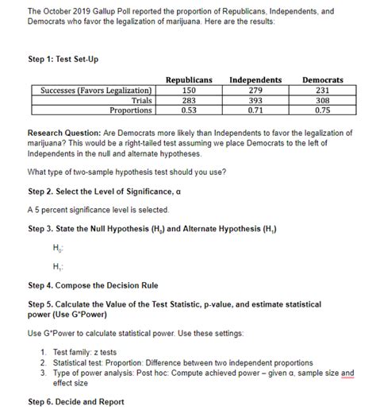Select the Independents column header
tap(255, 80)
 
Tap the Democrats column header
tap(322, 80)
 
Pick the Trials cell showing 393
tap(255, 100)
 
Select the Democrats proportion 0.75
tap(322, 110)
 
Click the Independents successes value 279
tap(255, 91)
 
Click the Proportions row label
tap(132, 110)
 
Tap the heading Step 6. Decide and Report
tap(75, 402)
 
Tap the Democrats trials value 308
tap(322, 100)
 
